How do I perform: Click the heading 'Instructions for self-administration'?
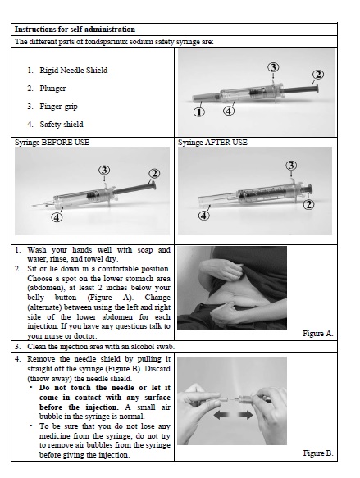tap(75, 30)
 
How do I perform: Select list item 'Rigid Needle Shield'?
tap(74, 71)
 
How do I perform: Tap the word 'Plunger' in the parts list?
tap(52, 89)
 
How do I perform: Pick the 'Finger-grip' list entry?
tap(58, 107)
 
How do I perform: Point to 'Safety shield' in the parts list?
tap(62, 125)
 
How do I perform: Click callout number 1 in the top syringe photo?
tap(199, 112)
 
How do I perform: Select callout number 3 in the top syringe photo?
tap(273, 67)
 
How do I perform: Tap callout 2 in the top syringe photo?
tap(318, 75)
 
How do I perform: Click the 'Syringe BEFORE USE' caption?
tap(52, 143)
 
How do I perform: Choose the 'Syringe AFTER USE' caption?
tap(212, 143)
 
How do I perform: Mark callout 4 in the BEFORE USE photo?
tap(57, 217)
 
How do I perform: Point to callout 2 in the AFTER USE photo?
tap(308, 204)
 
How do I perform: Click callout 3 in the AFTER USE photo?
tap(291, 166)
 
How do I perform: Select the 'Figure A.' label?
tap(318, 334)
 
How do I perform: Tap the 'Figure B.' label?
tap(318, 453)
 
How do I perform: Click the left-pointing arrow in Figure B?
tap(222, 415)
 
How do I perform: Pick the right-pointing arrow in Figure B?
tap(244, 415)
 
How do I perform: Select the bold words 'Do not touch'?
tap(66, 388)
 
